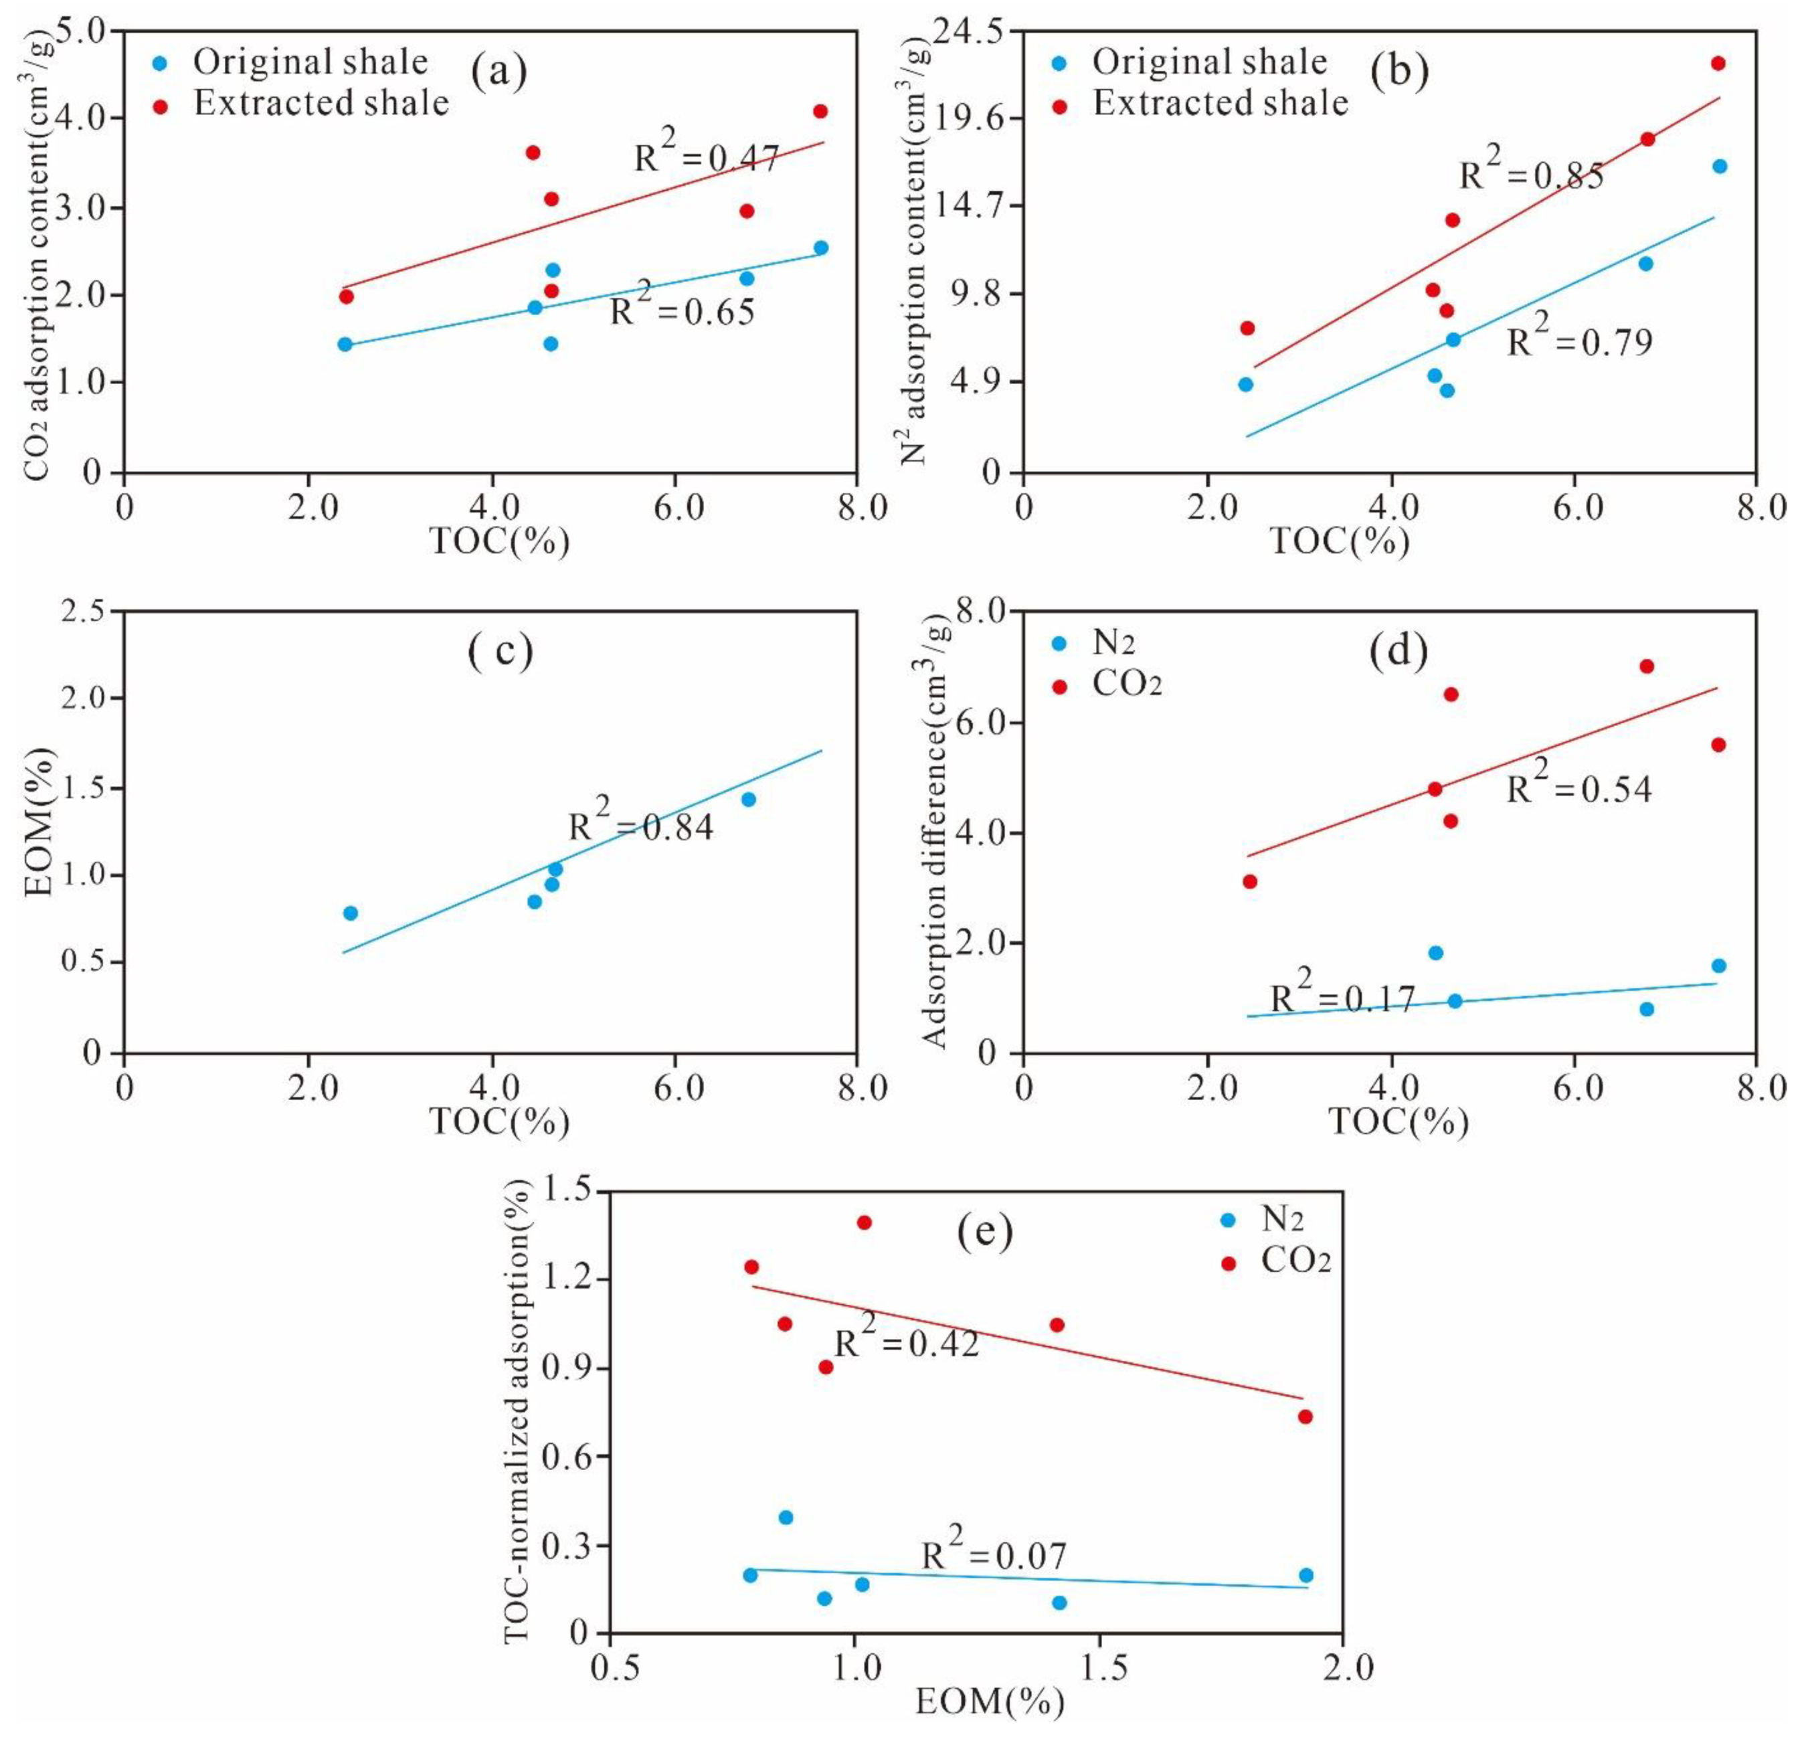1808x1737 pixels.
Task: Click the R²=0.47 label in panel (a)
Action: coord(707,157)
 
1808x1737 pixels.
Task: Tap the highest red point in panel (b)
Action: coord(1718,64)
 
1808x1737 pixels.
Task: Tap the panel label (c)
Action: coord(500,651)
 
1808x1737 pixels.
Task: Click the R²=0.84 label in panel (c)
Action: coord(640,824)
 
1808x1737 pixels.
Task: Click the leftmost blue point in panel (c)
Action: coord(351,913)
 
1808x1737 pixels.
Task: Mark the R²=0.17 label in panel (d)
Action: coord(1342,996)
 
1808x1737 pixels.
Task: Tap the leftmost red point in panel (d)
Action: coord(1250,882)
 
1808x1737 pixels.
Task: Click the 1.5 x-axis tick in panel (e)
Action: coord(1097,1668)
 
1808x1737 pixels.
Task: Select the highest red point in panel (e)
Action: coord(865,1223)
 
